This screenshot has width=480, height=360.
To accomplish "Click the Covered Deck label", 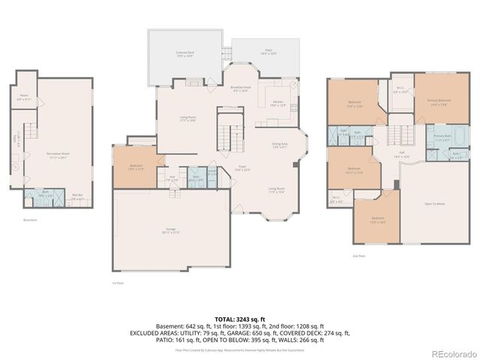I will point(184,54).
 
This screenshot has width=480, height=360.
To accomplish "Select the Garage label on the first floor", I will point(170,230).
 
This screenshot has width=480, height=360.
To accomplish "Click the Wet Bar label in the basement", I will point(77,197).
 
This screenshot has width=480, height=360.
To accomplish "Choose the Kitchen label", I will point(278,103).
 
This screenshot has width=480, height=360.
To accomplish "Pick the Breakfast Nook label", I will point(241,88).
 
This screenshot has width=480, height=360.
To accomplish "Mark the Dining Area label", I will point(279,145).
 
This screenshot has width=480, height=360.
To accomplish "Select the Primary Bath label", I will point(442,137).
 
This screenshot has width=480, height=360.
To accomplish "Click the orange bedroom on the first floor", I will point(136,167).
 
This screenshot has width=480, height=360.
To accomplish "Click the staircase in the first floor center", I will point(226,132).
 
